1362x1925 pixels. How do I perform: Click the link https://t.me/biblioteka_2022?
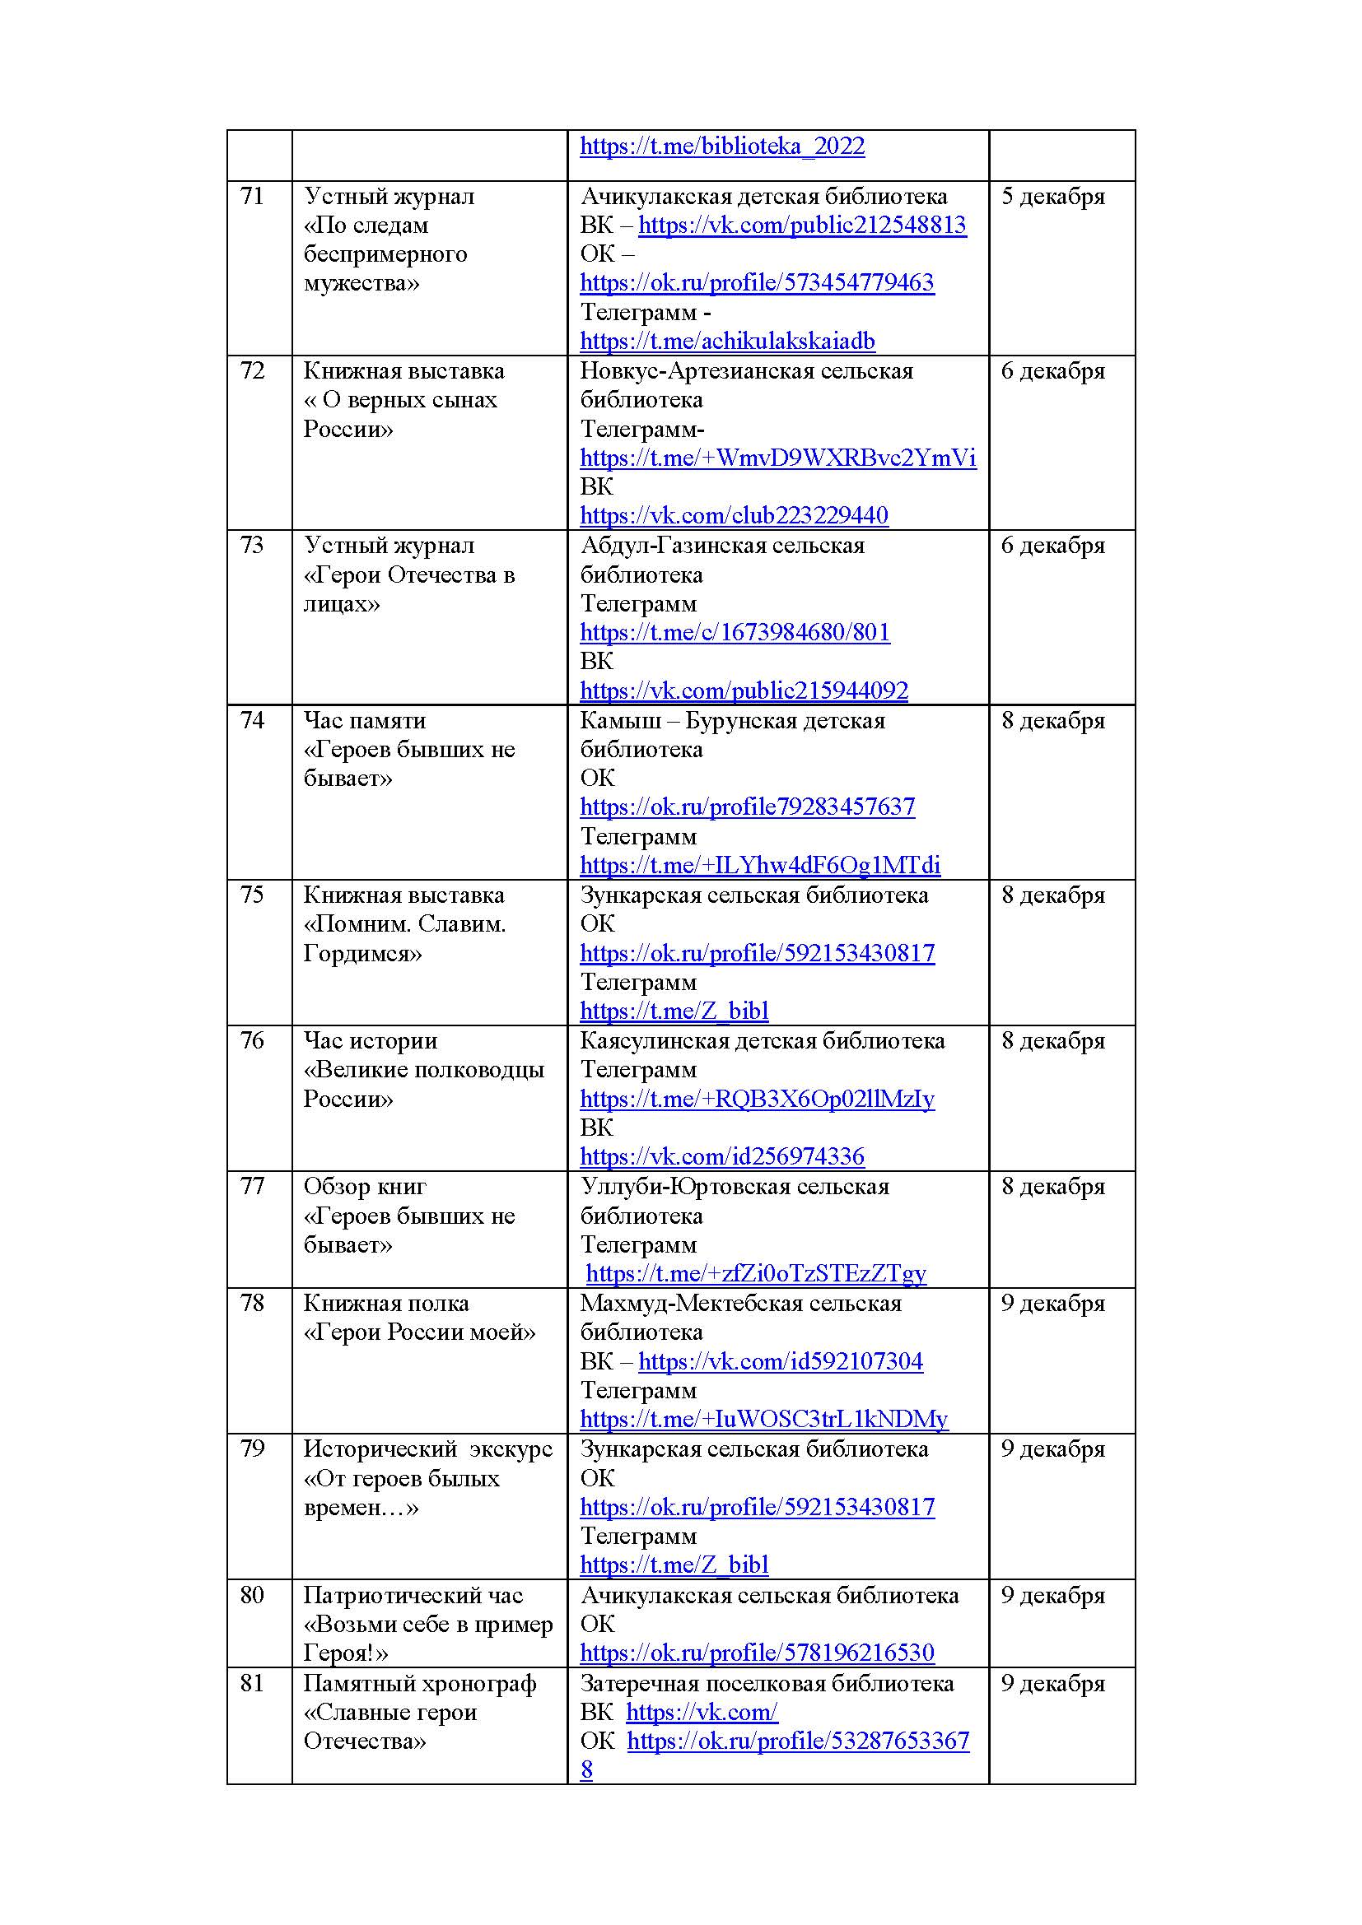point(721,146)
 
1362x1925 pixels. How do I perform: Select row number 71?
point(252,196)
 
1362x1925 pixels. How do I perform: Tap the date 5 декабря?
point(1052,196)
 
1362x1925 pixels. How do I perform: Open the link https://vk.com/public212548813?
point(802,226)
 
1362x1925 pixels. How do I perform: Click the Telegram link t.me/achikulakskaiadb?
point(727,342)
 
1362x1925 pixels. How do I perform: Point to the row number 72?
point(252,370)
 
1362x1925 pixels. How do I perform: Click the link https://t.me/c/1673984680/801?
point(735,632)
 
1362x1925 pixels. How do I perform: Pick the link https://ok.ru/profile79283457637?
point(747,807)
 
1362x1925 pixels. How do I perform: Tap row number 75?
point(252,895)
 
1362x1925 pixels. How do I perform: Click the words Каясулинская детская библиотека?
point(762,1040)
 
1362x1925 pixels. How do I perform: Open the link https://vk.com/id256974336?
point(721,1157)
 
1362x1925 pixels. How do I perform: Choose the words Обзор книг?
point(365,1187)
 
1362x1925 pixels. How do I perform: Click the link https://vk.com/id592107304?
point(780,1361)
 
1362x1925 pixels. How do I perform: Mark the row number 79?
point(252,1448)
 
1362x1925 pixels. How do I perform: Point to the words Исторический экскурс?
point(427,1448)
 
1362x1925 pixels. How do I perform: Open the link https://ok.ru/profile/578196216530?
point(757,1653)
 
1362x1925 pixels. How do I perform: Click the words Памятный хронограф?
point(419,1684)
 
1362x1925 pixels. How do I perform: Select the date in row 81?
point(1052,1684)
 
